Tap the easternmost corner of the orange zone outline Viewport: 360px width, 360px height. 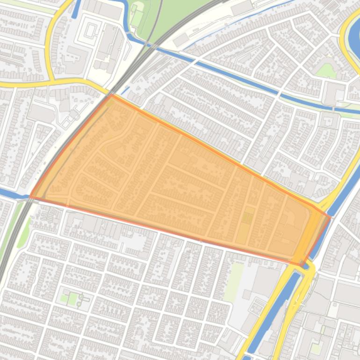(330, 217)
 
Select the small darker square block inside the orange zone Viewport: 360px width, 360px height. (247, 218)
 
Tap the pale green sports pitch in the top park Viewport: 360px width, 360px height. (137, 17)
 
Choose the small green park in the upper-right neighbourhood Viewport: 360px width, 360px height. (326, 71)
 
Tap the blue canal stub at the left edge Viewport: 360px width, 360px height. (8, 194)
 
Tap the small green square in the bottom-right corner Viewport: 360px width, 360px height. (317, 348)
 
